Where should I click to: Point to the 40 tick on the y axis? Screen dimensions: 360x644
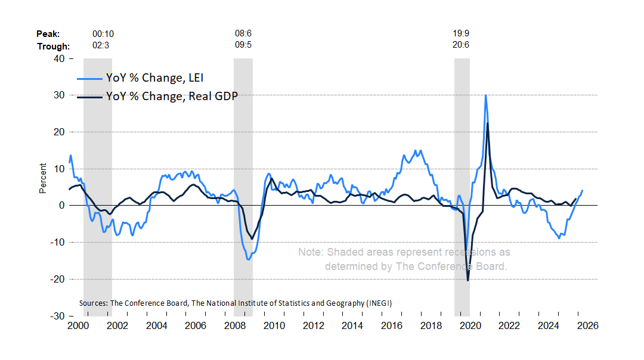pos(59,58)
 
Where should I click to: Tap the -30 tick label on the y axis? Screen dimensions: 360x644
pos(57,316)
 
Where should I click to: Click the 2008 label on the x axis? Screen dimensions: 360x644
pos(234,326)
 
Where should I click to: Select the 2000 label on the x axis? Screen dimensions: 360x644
pos(78,326)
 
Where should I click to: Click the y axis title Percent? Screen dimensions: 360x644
pos(42,178)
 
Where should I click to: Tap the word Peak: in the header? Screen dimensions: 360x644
pos(48,34)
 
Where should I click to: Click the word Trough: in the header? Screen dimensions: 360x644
pos(53,46)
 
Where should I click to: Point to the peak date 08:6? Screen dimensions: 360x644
pos(243,34)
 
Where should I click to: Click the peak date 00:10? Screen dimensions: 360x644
pos(102,34)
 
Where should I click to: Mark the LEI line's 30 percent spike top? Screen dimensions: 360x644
pos(485,95)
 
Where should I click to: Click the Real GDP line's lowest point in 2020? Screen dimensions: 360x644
pos(468,280)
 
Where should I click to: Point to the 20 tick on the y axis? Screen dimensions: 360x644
pos(59,132)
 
